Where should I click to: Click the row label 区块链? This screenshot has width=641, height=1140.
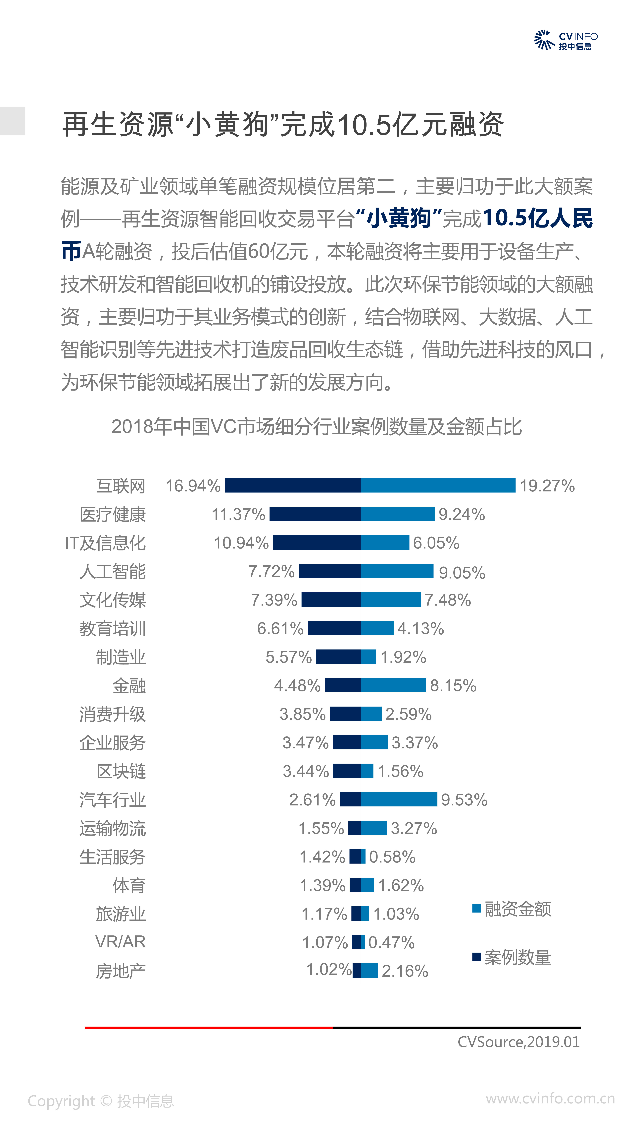121,771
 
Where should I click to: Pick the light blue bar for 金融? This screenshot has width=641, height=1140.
393,685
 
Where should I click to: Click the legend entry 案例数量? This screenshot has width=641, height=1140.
512,957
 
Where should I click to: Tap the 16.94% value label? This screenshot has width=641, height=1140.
193,486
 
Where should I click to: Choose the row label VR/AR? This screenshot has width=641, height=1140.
120,942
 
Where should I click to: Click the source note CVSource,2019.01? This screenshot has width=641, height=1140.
518,1042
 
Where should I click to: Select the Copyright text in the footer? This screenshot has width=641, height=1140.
101,1101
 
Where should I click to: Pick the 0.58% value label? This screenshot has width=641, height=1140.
392,857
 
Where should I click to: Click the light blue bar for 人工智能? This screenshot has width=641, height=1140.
397,571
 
